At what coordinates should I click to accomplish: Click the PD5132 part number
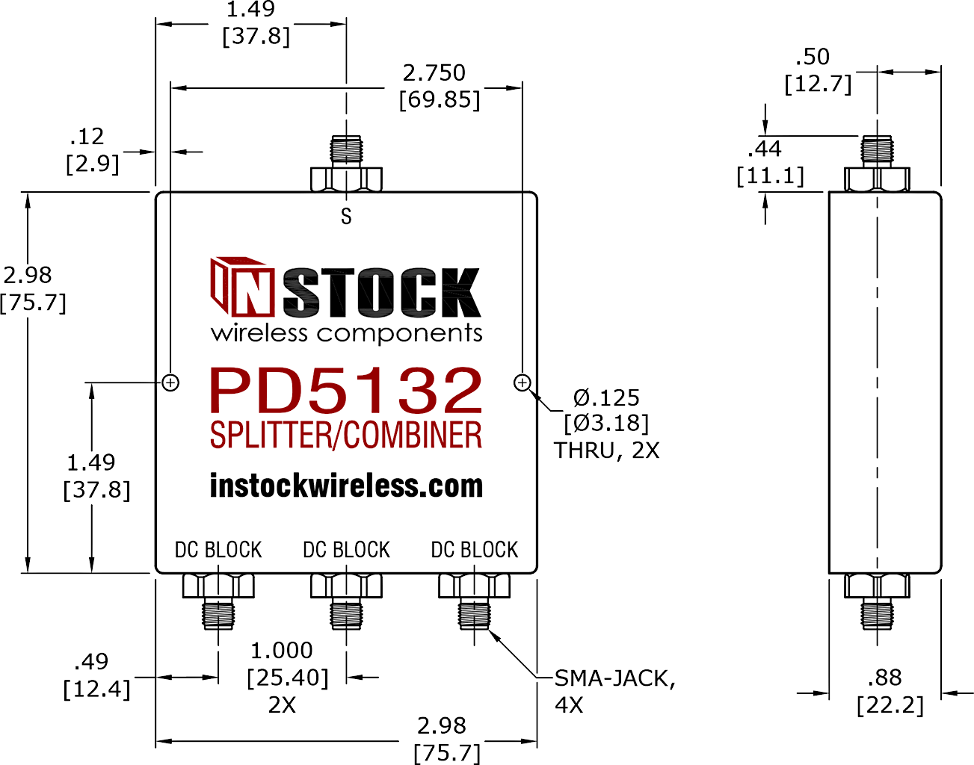coord(346,390)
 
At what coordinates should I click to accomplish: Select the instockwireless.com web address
coord(346,486)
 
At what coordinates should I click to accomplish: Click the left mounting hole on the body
coord(170,382)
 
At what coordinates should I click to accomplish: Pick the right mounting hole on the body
coord(523,382)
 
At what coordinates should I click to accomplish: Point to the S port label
coord(346,217)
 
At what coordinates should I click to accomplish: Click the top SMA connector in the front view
coord(346,164)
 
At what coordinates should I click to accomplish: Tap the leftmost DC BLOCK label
coord(218,550)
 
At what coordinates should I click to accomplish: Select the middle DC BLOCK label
coord(347,550)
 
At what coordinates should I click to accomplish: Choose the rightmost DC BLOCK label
coord(474,550)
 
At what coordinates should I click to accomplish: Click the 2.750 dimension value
coord(434,73)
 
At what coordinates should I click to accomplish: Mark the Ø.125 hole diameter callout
coord(606,397)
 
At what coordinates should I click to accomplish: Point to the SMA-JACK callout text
coord(614,678)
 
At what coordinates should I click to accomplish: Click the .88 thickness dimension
coord(884,678)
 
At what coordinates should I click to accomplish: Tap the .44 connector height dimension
coord(765,149)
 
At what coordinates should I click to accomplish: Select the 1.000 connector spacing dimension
coord(282,651)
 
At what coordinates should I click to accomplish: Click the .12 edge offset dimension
coord(87,137)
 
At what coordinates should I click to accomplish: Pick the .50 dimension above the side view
coord(813,57)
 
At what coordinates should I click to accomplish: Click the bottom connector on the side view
coord(877,602)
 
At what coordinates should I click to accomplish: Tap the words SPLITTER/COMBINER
coord(346,435)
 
